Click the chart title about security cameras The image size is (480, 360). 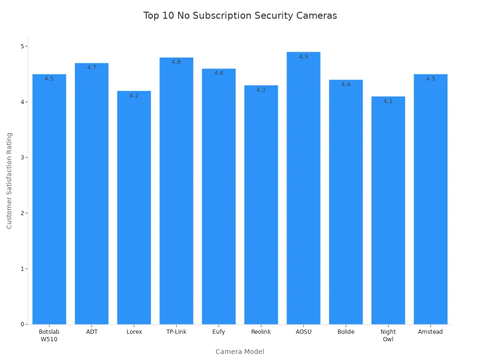[240, 15]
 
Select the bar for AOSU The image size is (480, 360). [303, 187]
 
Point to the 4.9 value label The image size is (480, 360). [304, 57]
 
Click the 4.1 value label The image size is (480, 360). [388, 101]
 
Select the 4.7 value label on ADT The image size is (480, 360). [92, 67]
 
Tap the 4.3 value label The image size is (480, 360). [261, 90]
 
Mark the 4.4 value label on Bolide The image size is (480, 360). [346, 84]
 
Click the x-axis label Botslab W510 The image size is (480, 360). [49, 336]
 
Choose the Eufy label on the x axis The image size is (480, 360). [219, 332]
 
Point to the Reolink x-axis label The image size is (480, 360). [261, 332]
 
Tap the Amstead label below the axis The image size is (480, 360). [430, 332]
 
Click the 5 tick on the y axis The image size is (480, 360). [22, 46]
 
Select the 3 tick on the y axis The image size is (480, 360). [22, 157]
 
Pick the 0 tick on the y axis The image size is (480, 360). [22, 324]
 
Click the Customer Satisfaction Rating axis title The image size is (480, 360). [9, 180]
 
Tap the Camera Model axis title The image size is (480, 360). [240, 352]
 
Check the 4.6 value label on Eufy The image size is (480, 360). [219, 73]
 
